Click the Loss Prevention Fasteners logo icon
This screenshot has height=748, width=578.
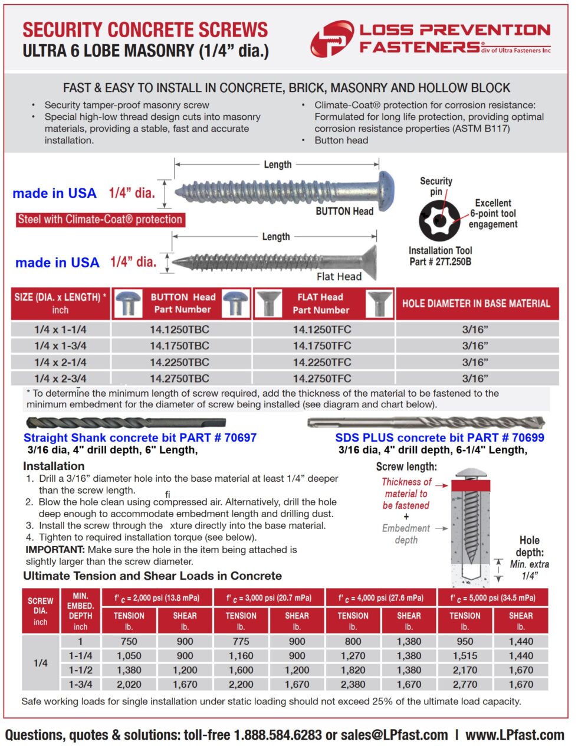332,39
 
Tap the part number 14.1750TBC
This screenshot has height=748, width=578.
179,346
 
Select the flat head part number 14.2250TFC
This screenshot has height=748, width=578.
322,362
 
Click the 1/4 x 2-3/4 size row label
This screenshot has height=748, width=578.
60,378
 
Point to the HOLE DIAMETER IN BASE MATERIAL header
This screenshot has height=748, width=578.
476,303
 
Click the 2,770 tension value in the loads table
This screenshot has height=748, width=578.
465,684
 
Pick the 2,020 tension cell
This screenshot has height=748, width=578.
129,684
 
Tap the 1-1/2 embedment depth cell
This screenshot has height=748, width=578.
80,670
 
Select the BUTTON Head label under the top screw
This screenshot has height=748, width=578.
344,211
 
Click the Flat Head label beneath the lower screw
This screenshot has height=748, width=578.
339,276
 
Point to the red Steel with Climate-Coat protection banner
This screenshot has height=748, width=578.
100,220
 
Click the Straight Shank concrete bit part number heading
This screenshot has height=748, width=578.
140,438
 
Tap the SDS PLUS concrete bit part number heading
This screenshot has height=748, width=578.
439,438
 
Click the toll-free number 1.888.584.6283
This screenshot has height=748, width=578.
278,735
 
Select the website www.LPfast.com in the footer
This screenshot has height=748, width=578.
514,735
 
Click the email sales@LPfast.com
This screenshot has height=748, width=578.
394,735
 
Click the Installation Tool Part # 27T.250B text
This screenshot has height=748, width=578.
440,256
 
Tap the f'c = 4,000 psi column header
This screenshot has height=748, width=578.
380,598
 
